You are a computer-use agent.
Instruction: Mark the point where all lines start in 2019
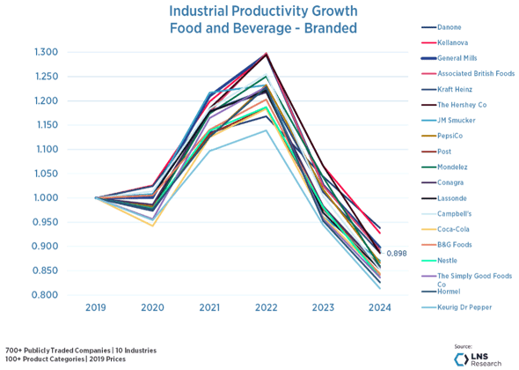tap(96, 197)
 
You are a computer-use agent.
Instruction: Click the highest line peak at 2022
tap(266, 55)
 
